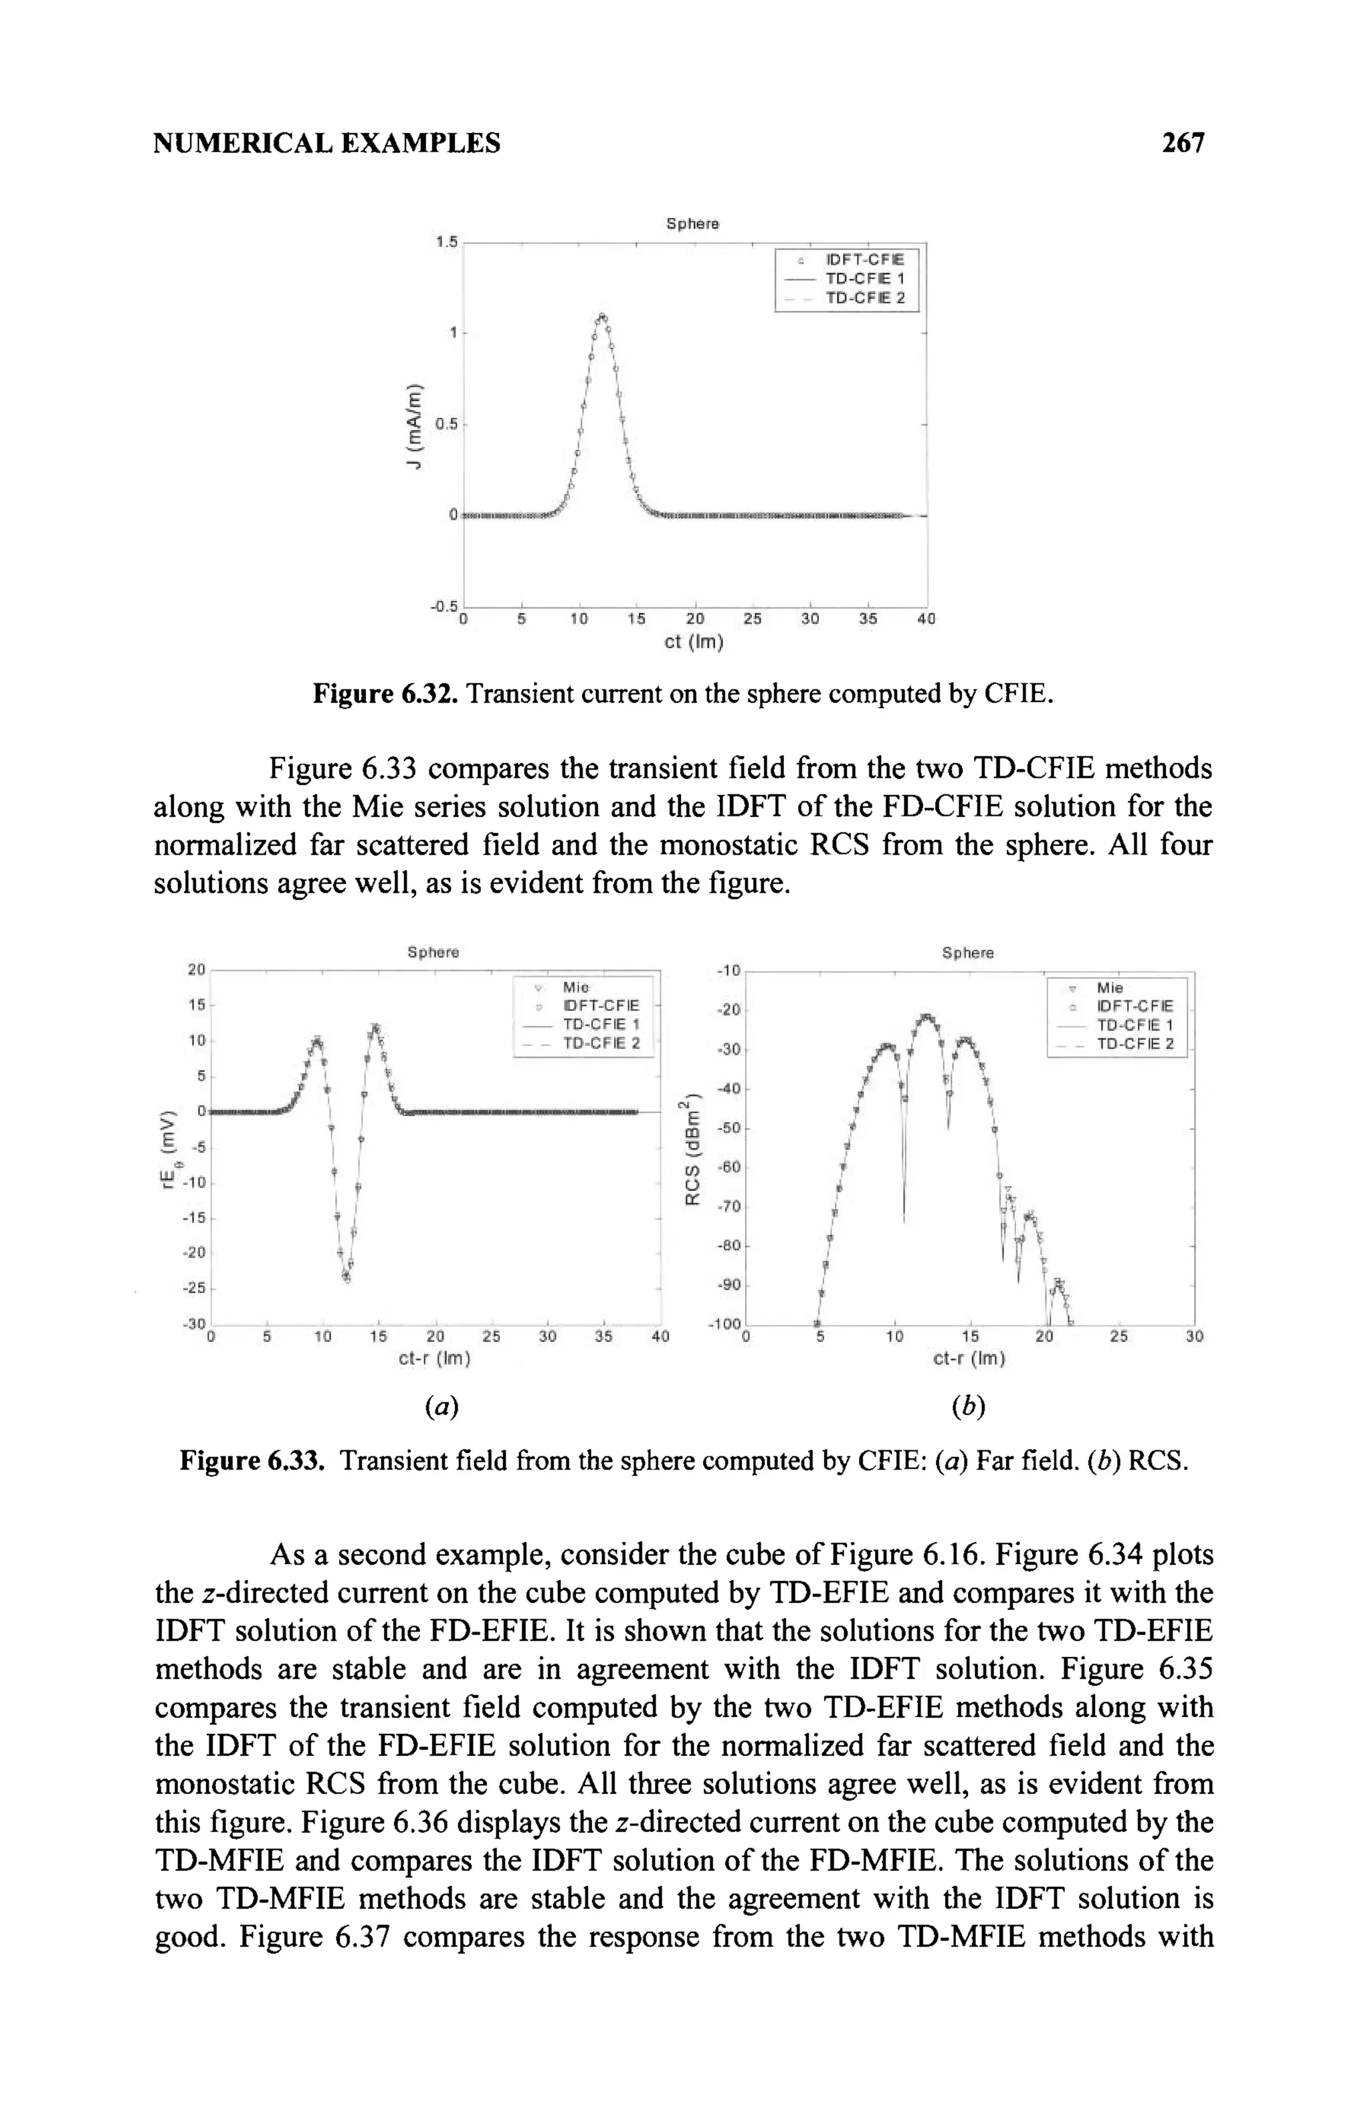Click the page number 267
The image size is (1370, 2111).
click(1183, 143)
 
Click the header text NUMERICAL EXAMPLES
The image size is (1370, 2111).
click(327, 143)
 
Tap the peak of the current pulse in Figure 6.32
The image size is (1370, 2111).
click(603, 317)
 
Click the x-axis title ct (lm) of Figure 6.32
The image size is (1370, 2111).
click(694, 642)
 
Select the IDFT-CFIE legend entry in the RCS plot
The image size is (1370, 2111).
click(1134, 1006)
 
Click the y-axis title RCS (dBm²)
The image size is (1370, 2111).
click(691, 1152)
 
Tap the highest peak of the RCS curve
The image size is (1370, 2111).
click(927, 1016)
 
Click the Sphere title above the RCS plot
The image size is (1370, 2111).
click(967, 954)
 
